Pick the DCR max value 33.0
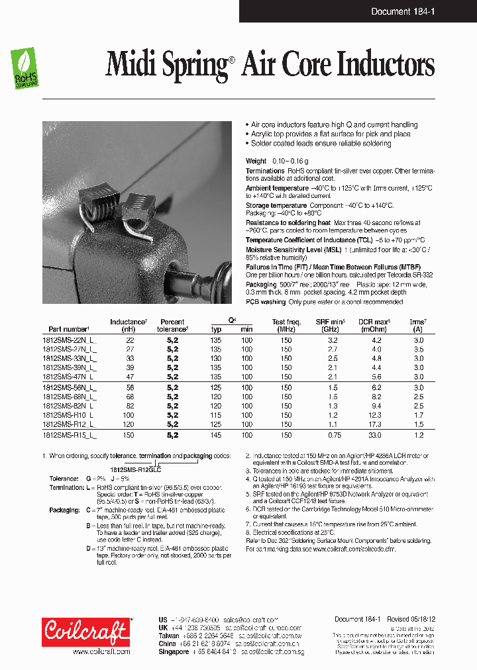(376, 435)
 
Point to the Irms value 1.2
(418, 435)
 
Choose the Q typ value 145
(216, 435)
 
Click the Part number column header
(68, 329)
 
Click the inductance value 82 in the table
(129, 406)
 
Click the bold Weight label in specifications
(256, 161)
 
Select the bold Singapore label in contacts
(174, 651)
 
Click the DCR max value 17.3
(376, 424)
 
